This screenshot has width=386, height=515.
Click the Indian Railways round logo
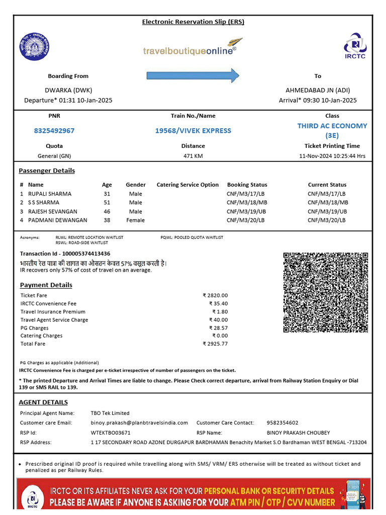click(x=35, y=47)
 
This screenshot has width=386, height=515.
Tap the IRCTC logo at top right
click(x=355, y=45)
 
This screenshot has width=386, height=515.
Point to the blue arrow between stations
click(x=193, y=76)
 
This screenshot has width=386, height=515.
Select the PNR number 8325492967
click(x=54, y=131)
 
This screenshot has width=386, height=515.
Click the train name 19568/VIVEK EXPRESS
click(x=193, y=131)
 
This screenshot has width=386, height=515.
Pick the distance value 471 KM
click(x=193, y=156)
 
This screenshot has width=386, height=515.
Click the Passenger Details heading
click(x=47, y=170)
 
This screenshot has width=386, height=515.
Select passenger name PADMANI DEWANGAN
click(x=57, y=220)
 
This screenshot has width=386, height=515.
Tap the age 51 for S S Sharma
click(x=107, y=203)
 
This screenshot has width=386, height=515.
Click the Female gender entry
click(x=136, y=220)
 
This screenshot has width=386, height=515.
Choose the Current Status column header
click(x=327, y=185)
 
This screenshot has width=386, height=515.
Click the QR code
click(x=326, y=292)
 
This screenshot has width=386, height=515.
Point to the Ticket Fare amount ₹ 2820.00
click(x=215, y=296)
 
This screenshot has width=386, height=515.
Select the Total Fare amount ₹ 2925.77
click(x=215, y=344)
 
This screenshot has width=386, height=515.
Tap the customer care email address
click(x=139, y=423)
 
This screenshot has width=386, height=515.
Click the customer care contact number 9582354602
click(x=282, y=423)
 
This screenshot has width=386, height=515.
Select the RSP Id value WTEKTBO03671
click(x=111, y=433)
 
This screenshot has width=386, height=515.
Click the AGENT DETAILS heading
click(x=43, y=402)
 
